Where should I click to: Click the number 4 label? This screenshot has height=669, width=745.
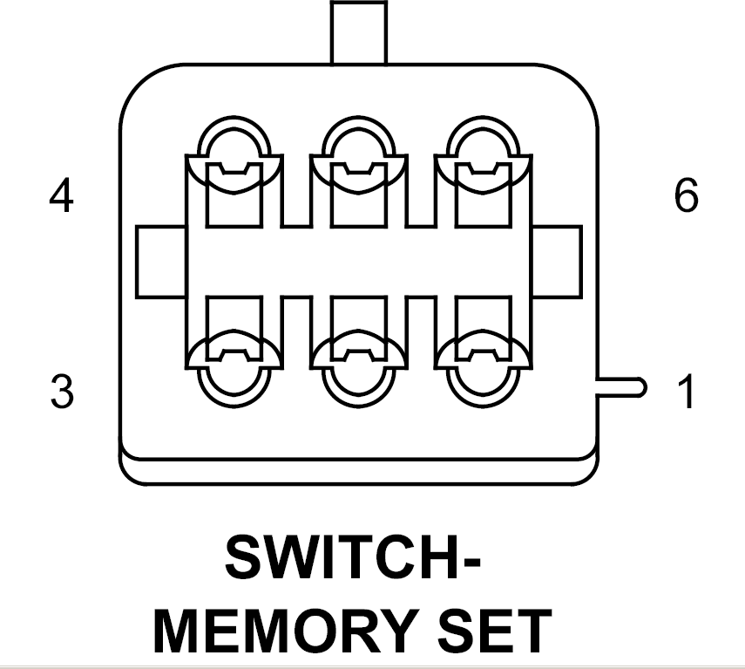point(60,197)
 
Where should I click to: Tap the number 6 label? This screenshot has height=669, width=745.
point(686,197)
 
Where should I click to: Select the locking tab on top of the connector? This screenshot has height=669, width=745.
point(358,32)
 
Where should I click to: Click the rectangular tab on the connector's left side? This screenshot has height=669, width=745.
point(160,261)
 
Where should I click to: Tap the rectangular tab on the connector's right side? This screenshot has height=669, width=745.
point(557,261)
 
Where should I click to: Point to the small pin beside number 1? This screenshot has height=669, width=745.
point(620,386)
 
